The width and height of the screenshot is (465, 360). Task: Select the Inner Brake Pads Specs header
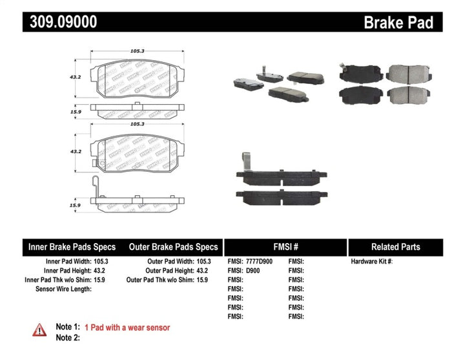[72, 247]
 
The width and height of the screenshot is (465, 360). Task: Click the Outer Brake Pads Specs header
[173, 247]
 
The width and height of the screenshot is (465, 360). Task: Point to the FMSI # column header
[286, 247]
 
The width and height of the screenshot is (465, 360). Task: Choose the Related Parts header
[395, 247]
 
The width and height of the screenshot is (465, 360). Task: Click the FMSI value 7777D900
[259, 262]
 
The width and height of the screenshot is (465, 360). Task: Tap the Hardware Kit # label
[371, 262]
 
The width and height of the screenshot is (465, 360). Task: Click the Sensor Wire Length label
[62, 289]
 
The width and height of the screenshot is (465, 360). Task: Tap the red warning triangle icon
[40, 330]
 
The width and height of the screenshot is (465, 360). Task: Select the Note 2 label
[67, 337]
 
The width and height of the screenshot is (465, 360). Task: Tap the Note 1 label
[67, 328]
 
